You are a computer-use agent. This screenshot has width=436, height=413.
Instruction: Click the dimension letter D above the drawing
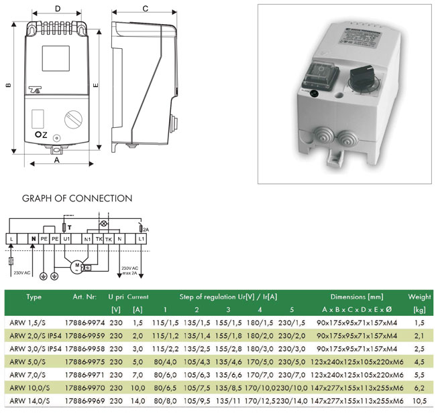coord(58,9)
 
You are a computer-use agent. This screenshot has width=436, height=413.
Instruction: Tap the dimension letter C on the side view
coord(146,9)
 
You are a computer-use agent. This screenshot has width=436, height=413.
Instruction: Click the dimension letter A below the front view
coord(56,161)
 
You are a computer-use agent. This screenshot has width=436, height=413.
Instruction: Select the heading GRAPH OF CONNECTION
coord(77,198)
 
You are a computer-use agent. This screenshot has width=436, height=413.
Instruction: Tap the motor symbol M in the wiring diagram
coord(77,265)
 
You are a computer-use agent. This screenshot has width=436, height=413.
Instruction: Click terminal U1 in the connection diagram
coord(66,239)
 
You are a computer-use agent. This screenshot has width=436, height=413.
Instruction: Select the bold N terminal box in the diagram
coord(33,239)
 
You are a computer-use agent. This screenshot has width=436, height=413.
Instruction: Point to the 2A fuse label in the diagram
coord(146,229)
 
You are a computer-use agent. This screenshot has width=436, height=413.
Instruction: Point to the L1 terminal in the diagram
coord(141,239)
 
